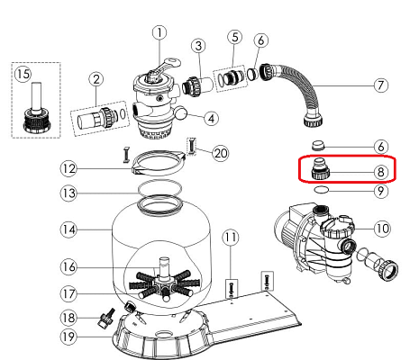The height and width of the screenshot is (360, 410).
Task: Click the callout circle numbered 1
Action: point(159,32)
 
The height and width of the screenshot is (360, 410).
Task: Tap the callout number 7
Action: point(381,85)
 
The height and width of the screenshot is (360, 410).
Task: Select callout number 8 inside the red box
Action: point(381,172)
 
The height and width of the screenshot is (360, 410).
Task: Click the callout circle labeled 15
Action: point(23,74)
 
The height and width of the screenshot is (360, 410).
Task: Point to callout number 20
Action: point(221,153)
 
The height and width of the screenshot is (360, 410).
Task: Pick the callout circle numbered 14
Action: point(68,229)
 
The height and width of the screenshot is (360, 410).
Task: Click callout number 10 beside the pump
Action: point(382,229)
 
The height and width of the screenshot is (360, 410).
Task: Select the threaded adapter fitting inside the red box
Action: point(320,169)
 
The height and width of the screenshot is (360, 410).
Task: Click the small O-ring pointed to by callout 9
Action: point(321,190)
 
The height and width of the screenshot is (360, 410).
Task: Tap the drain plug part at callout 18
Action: point(105,319)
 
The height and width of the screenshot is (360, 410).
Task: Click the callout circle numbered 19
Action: point(68,337)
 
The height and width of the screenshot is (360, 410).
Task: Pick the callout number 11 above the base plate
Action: point(231,238)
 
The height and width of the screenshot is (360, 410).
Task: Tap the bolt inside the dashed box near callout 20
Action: point(192,146)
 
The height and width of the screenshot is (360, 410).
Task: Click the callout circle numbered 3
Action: point(198,46)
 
